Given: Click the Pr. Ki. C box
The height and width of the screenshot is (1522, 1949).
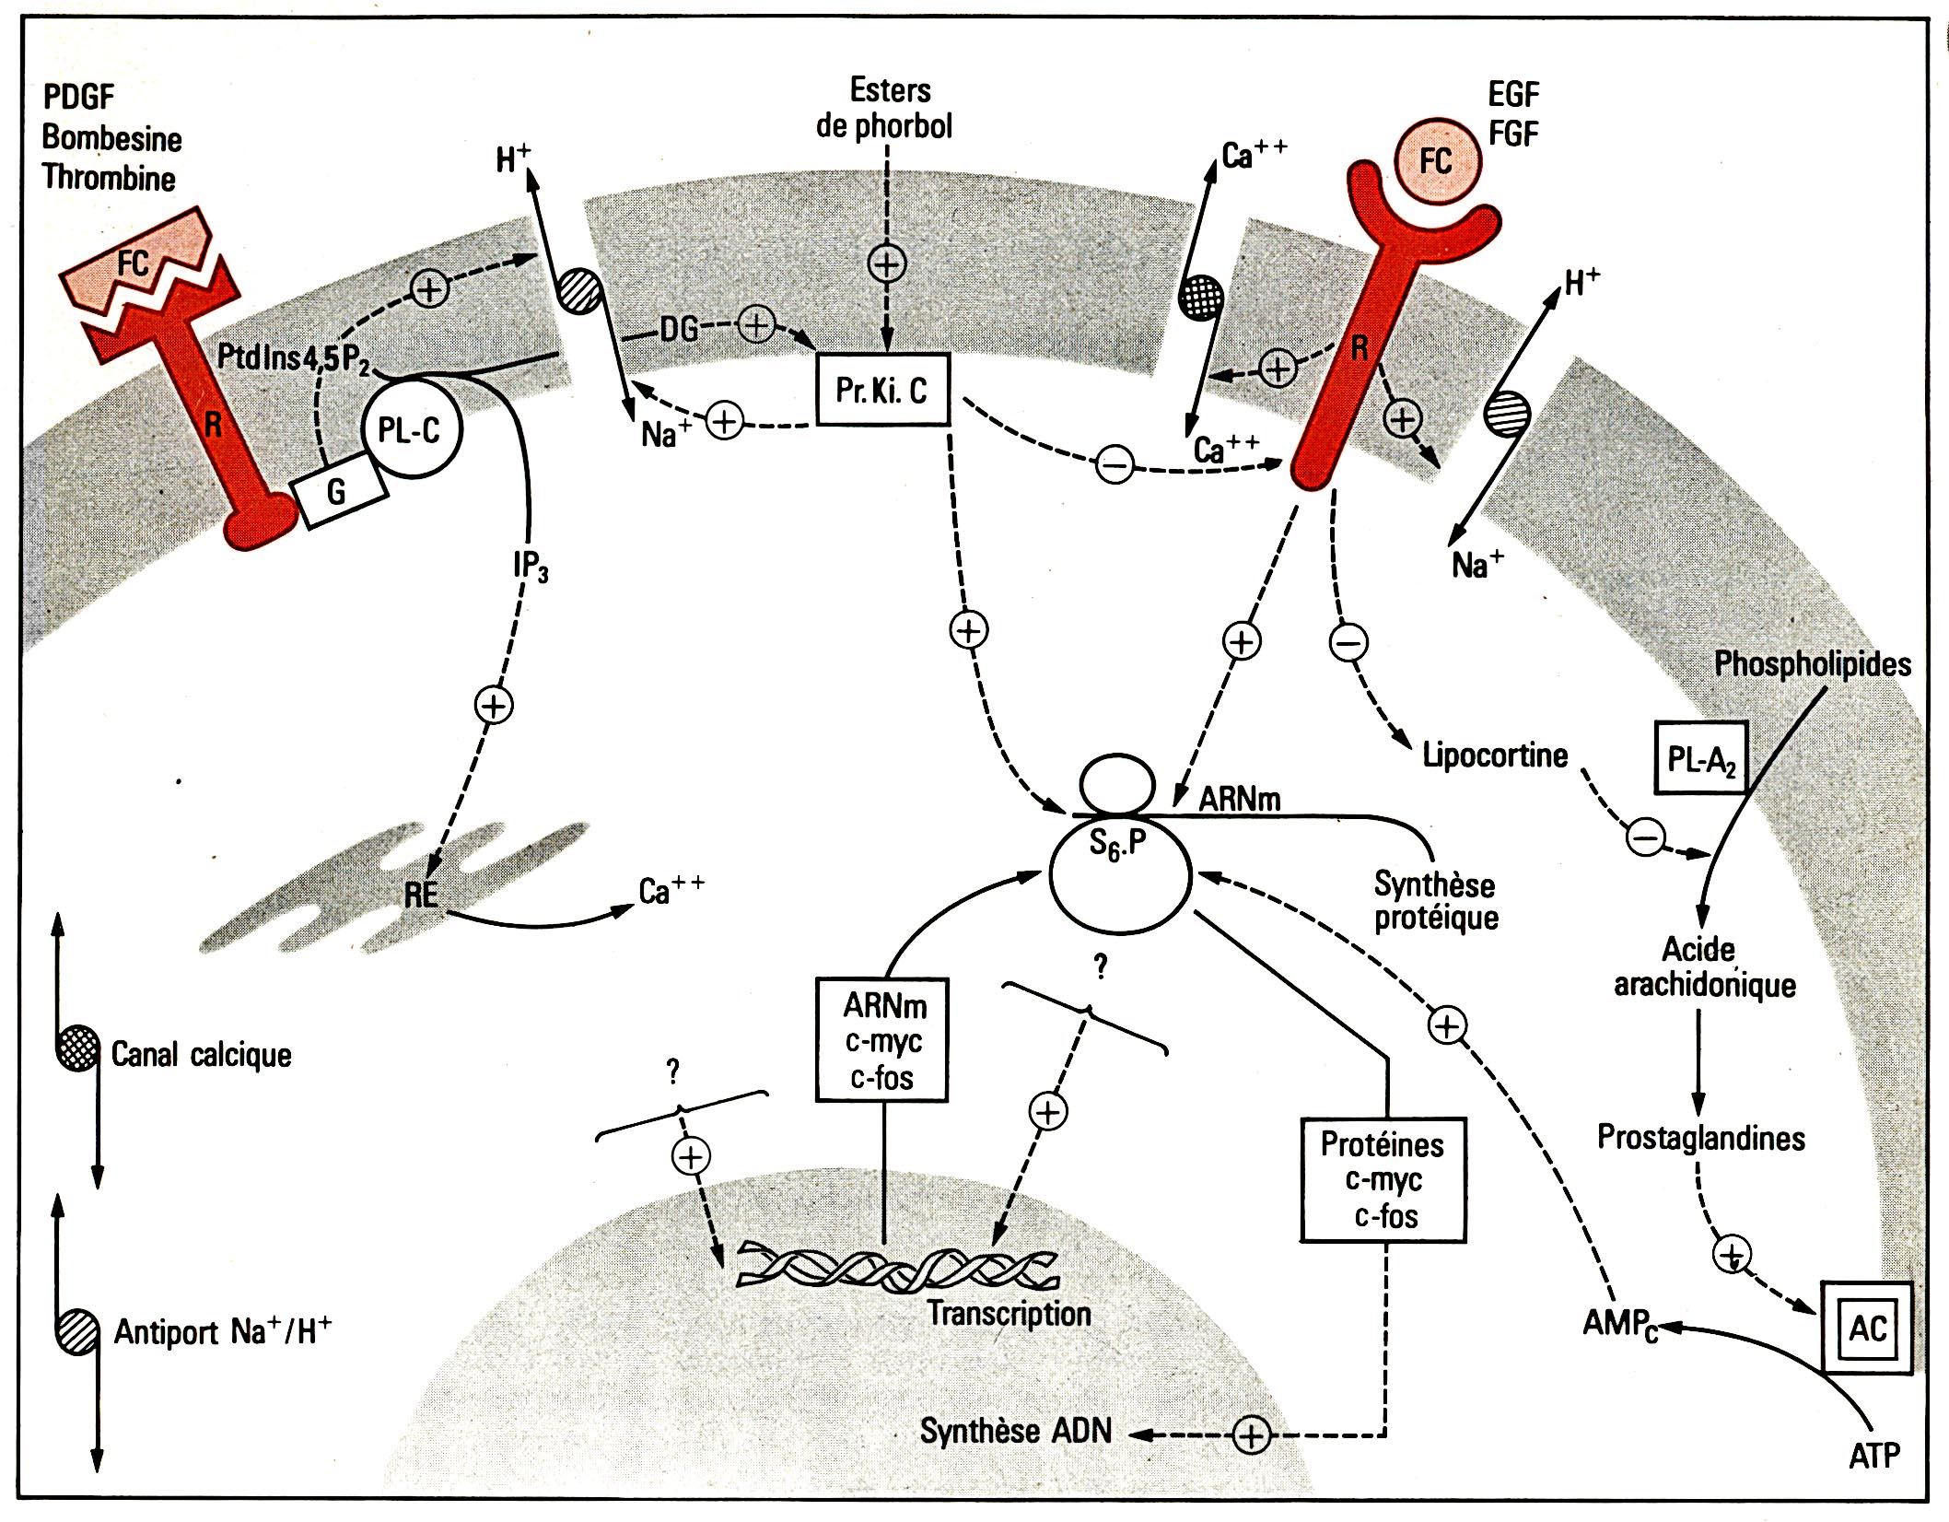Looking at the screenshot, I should (882, 390).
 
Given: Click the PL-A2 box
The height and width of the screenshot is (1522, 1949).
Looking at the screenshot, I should (1700, 757).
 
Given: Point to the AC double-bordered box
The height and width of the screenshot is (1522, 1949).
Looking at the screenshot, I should (1866, 1328).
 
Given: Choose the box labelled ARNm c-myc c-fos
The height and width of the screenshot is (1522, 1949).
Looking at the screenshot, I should (882, 1040).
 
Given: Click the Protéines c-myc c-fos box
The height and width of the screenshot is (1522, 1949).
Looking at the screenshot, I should (1383, 1180).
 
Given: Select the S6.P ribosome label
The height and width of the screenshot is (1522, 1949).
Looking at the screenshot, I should (1118, 843).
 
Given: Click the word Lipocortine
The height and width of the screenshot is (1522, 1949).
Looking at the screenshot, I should (1494, 755).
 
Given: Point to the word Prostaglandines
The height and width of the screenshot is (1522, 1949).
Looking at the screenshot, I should (1700, 1138).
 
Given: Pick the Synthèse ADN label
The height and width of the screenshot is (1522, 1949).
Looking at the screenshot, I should (1015, 1431).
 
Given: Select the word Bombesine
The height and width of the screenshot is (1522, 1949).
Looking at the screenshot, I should (112, 138).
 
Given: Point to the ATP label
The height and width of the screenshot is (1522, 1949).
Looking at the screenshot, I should (1873, 1456).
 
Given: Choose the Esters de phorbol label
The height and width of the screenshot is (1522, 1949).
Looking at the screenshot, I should (884, 109).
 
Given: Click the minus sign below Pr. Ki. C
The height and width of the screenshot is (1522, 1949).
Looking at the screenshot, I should (1115, 463).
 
